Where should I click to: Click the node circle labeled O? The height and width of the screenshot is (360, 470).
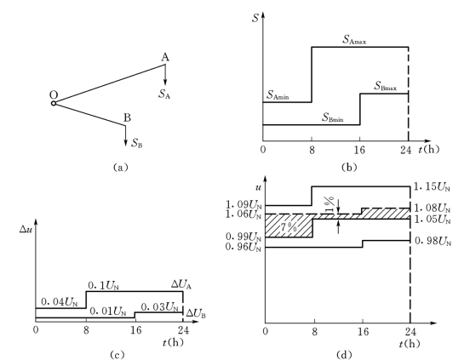coord(54,103)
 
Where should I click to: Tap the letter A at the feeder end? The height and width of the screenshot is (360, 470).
coord(165,57)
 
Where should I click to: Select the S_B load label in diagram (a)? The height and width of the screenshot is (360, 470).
coord(137,143)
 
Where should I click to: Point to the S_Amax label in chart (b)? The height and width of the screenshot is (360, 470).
coord(354,40)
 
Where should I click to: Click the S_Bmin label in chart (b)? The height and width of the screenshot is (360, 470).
coord(333,117)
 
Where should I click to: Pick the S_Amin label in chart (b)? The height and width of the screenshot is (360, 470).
coord(278,95)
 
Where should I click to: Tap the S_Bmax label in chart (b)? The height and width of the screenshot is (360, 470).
coord(386,86)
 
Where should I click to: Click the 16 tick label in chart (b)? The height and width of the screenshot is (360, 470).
coord(359,150)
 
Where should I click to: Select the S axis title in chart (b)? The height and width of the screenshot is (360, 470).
coord(255,18)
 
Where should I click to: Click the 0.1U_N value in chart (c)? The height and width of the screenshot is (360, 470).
coord(103,286)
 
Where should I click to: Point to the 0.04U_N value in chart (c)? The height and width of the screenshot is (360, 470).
coord(59,303)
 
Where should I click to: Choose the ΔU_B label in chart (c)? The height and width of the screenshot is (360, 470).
coord(196,313)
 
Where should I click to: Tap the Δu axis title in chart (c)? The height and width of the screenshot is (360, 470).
coord(25,229)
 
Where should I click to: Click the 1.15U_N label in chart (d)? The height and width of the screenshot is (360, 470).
coord(432,187)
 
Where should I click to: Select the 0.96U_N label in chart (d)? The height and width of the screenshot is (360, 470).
coord(244,247)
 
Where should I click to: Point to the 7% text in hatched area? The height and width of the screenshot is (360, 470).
coord(289,227)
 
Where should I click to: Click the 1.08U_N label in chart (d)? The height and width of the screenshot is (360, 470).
coord(433,208)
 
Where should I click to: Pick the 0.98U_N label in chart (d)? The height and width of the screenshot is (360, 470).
coord(433,241)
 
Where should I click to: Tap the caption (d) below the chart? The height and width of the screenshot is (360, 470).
coord(343,355)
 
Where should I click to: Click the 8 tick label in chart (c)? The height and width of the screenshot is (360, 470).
coord(86,330)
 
